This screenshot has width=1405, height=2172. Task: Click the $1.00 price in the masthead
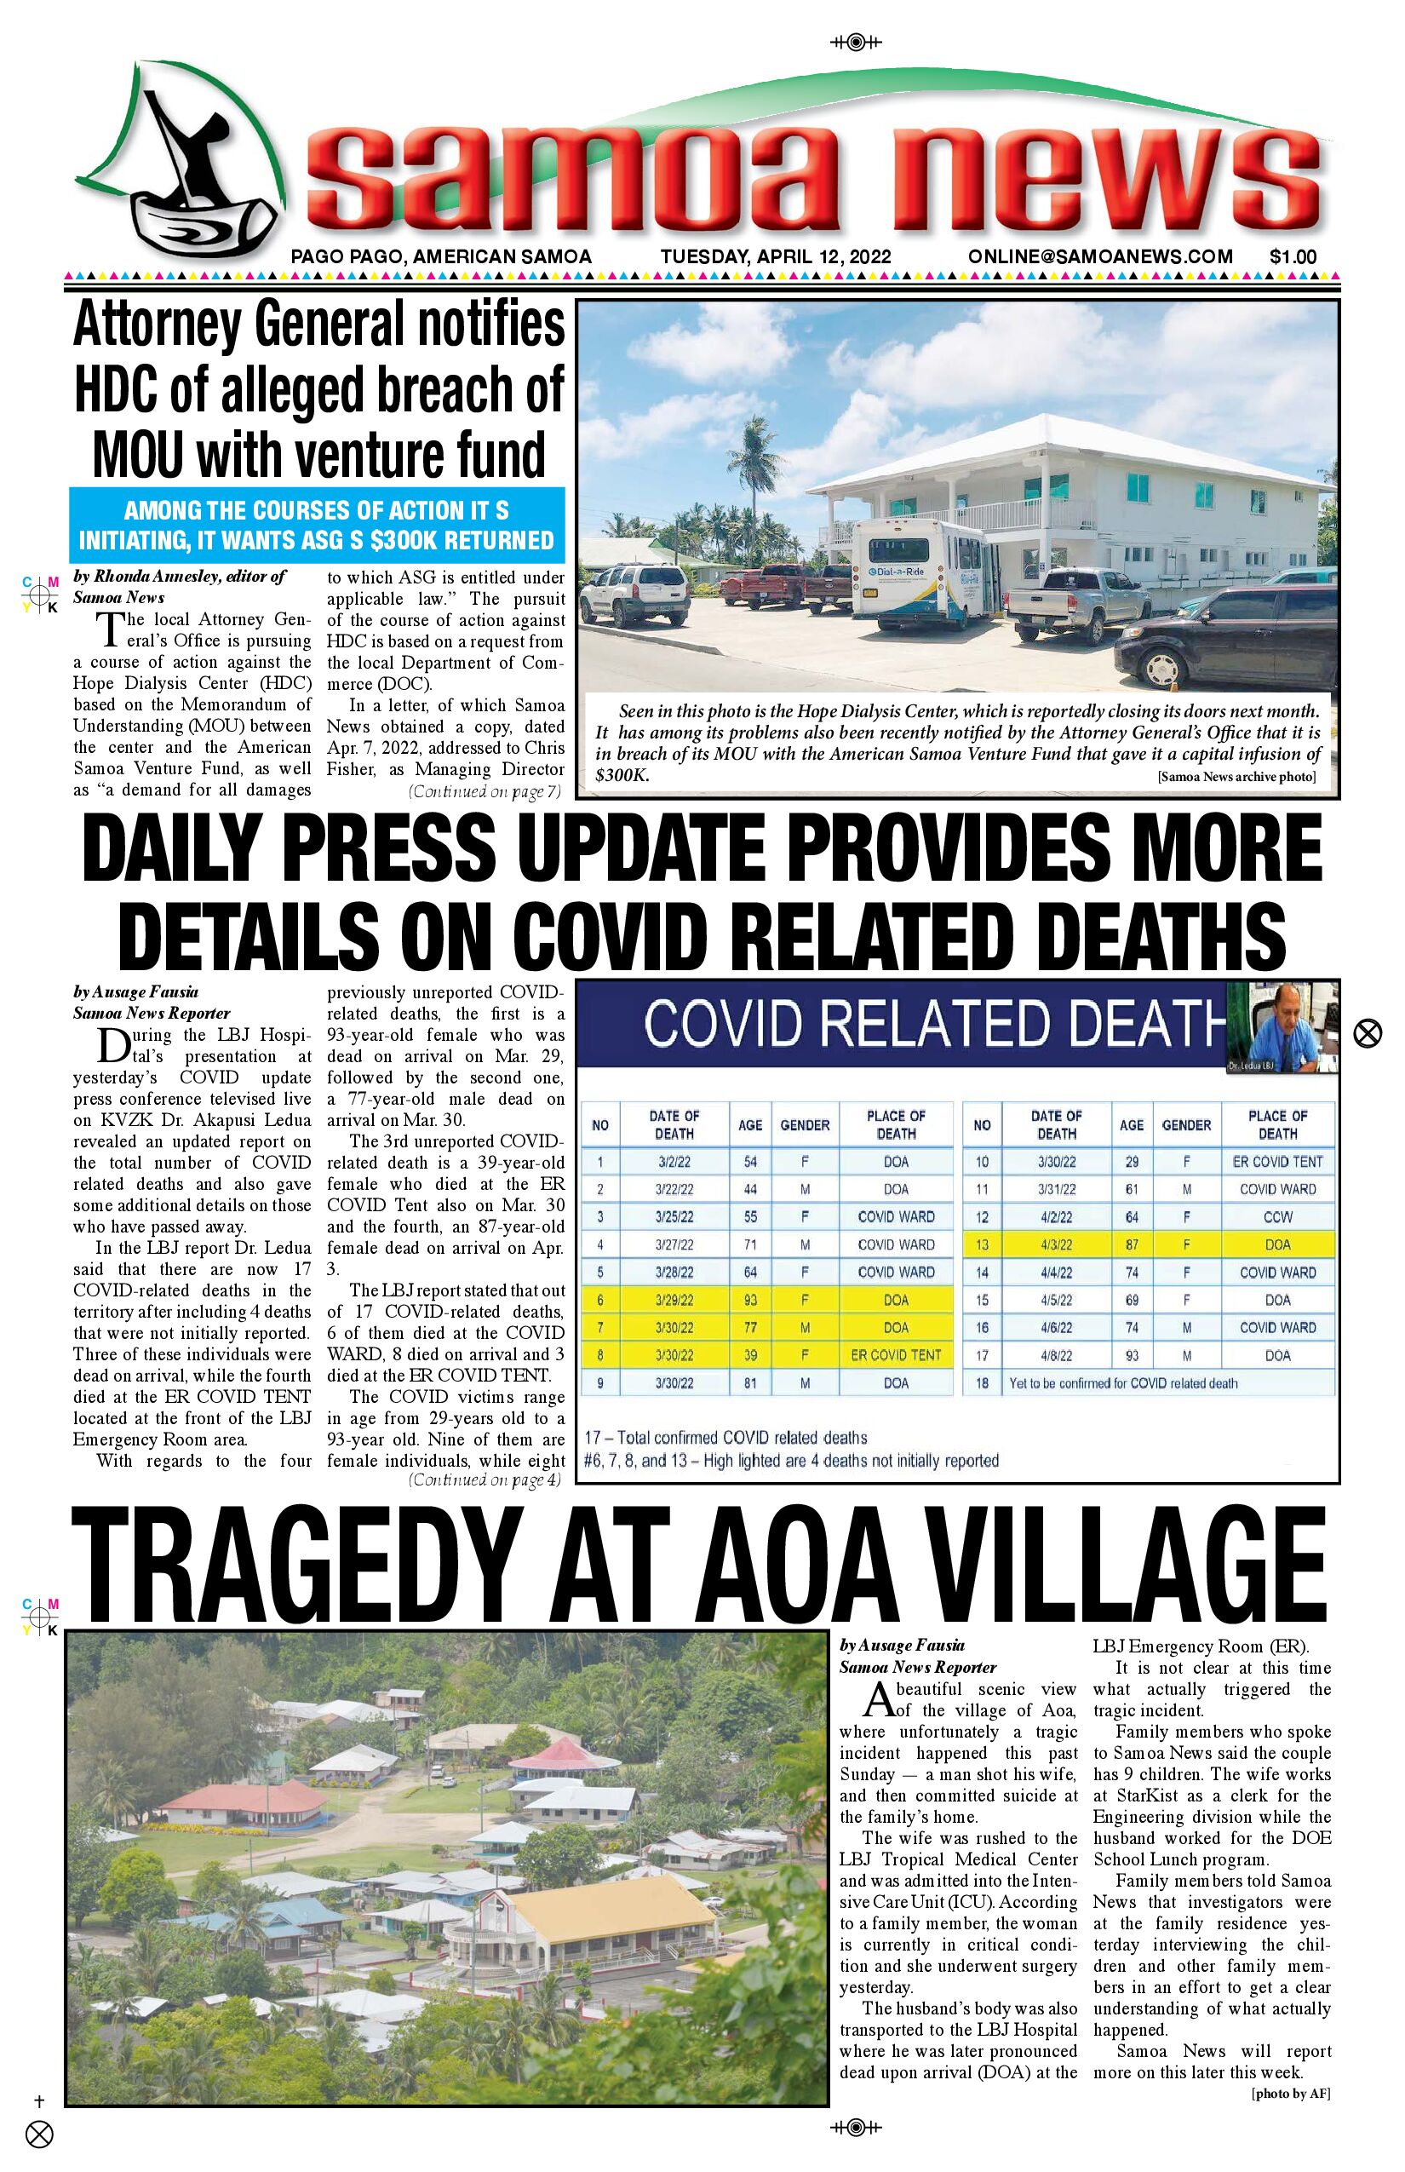(1293, 257)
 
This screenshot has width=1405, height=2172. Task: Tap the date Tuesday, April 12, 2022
(776, 257)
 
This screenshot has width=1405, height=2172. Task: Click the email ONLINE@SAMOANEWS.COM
(1100, 257)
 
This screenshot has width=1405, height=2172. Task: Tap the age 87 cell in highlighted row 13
(1132, 1244)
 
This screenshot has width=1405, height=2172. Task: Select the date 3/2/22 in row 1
(674, 1162)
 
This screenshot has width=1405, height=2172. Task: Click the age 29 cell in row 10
(1132, 1162)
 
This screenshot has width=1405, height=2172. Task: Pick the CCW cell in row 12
(1277, 1217)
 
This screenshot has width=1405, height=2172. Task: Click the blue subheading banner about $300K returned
(317, 525)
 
